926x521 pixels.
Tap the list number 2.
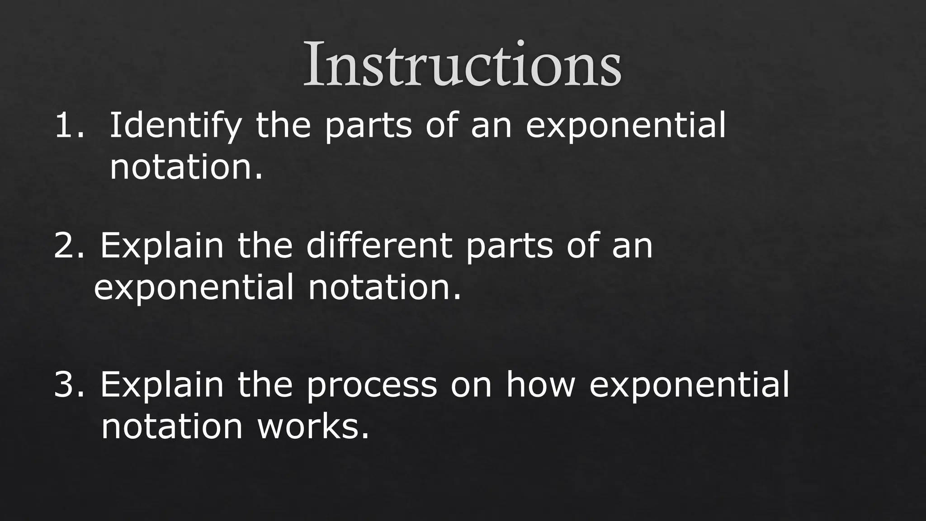pyautogui.click(x=68, y=246)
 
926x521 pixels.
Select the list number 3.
pyautogui.click(x=68, y=385)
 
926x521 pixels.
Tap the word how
pyautogui.click(x=540, y=385)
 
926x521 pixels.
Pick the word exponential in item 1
pyautogui.click(x=625, y=127)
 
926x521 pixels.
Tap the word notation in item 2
pyautogui.click(x=384, y=288)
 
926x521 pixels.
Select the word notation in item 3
pyautogui.click(x=172, y=427)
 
